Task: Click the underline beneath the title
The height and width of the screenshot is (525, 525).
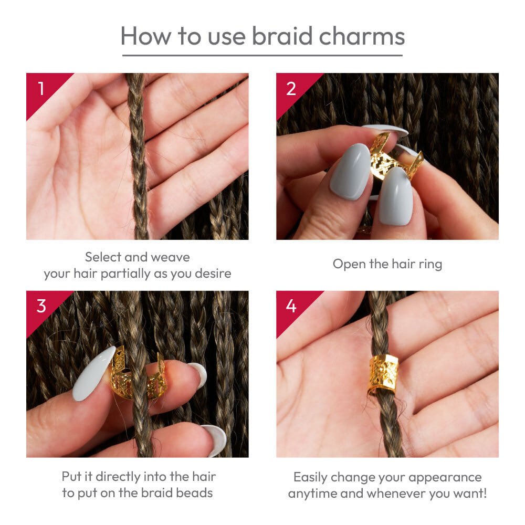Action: pos(262,55)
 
